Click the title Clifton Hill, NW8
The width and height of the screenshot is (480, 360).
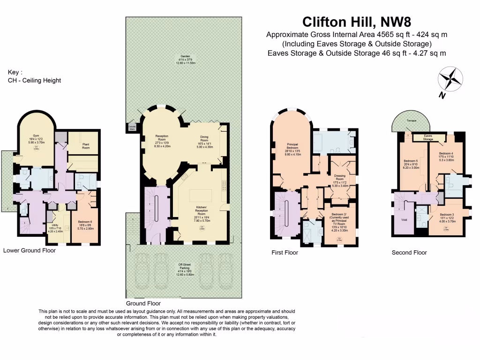pos(358,22)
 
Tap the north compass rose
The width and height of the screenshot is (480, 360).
pos(450,79)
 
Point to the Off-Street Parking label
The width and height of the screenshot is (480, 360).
pos(184,266)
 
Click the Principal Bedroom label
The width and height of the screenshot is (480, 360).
pos(293,146)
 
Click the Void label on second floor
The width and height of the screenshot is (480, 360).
pos(404,219)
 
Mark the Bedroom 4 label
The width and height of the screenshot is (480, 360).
pos(446,153)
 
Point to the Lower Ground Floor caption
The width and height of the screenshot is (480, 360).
pos(30,250)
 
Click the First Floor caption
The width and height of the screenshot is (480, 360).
pos(285,253)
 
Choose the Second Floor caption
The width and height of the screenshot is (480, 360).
pos(409,253)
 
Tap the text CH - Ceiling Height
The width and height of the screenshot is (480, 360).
pos(34,80)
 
